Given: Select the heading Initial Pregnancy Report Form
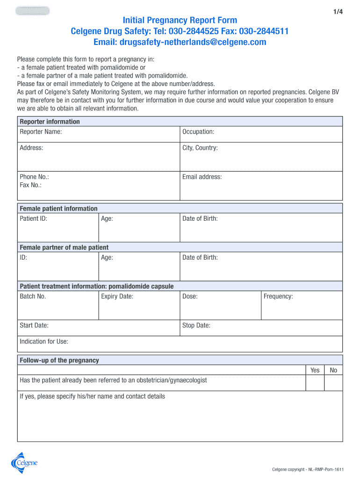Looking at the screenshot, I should click(x=180, y=20).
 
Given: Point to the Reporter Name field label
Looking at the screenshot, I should click(x=41, y=132).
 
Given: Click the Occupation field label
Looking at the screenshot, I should click(x=198, y=132).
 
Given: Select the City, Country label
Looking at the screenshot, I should click(x=200, y=148).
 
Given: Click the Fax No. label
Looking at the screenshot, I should click(x=30, y=185).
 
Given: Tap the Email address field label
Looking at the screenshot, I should click(x=202, y=177).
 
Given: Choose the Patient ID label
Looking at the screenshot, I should click(x=33, y=218).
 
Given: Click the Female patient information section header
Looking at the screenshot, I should click(x=58, y=209).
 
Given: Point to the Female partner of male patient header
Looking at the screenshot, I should click(x=64, y=247).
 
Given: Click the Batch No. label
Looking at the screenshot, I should click(x=33, y=296).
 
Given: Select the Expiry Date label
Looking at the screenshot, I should click(x=117, y=296).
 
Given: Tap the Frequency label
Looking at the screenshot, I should click(x=278, y=296).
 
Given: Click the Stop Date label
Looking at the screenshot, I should click(x=196, y=325).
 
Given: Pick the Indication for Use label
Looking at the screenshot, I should click(x=44, y=341).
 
